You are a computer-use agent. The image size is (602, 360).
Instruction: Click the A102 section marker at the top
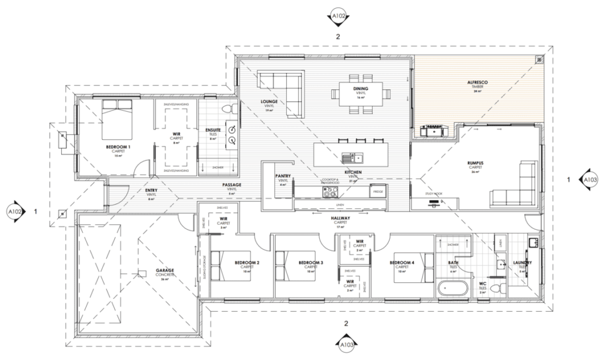(x=339, y=16)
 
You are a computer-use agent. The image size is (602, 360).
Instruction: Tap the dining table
(x=360, y=92)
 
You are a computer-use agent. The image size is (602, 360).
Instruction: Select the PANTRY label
(x=283, y=176)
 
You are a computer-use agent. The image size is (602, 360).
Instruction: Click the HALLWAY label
(x=340, y=218)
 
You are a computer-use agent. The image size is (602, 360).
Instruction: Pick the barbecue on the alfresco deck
(x=434, y=131)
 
